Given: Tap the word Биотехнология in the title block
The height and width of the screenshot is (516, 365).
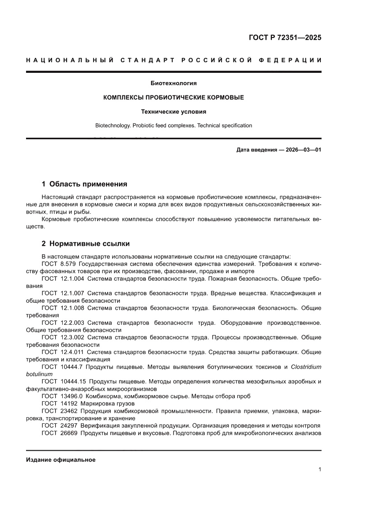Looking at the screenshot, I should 173,83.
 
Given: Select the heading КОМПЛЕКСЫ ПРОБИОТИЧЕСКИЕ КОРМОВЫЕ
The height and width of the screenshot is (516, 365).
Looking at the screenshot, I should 173,97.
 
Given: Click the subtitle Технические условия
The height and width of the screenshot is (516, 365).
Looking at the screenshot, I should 173,112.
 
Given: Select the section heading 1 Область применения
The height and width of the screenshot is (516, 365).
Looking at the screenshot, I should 84,184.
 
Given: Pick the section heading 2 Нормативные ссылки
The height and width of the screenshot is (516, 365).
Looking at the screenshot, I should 85,244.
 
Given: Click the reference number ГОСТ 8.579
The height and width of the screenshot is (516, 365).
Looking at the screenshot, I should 56,264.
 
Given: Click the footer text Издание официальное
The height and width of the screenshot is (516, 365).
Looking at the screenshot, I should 61,460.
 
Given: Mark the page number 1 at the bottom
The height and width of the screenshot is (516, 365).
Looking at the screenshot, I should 320,470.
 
